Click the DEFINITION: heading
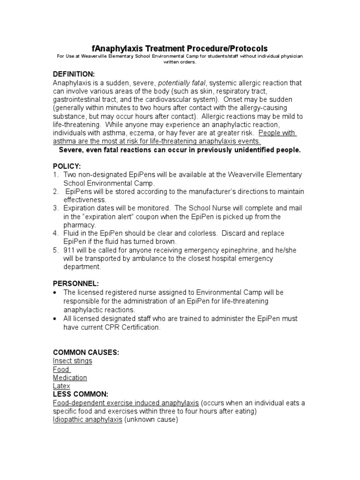(x=74, y=75)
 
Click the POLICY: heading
(x=67, y=166)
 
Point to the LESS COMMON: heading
(x=81, y=394)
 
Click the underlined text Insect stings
(x=73, y=361)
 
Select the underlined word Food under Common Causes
(x=61, y=369)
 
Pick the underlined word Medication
(x=70, y=378)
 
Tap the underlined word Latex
(x=61, y=386)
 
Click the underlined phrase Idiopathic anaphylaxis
(x=88, y=420)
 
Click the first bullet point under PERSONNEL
(x=55, y=292)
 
